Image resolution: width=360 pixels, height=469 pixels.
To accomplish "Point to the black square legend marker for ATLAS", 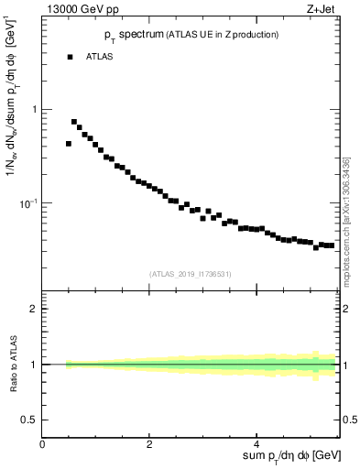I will click(x=69, y=57).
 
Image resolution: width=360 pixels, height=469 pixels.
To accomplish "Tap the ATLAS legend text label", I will click(x=99, y=57).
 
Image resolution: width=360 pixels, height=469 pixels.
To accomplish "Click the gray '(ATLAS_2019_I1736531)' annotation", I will click(x=190, y=273).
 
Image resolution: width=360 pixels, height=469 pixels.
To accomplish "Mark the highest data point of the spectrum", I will click(x=74, y=121).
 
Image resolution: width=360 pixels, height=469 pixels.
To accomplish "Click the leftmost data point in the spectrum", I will click(x=69, y=144).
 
